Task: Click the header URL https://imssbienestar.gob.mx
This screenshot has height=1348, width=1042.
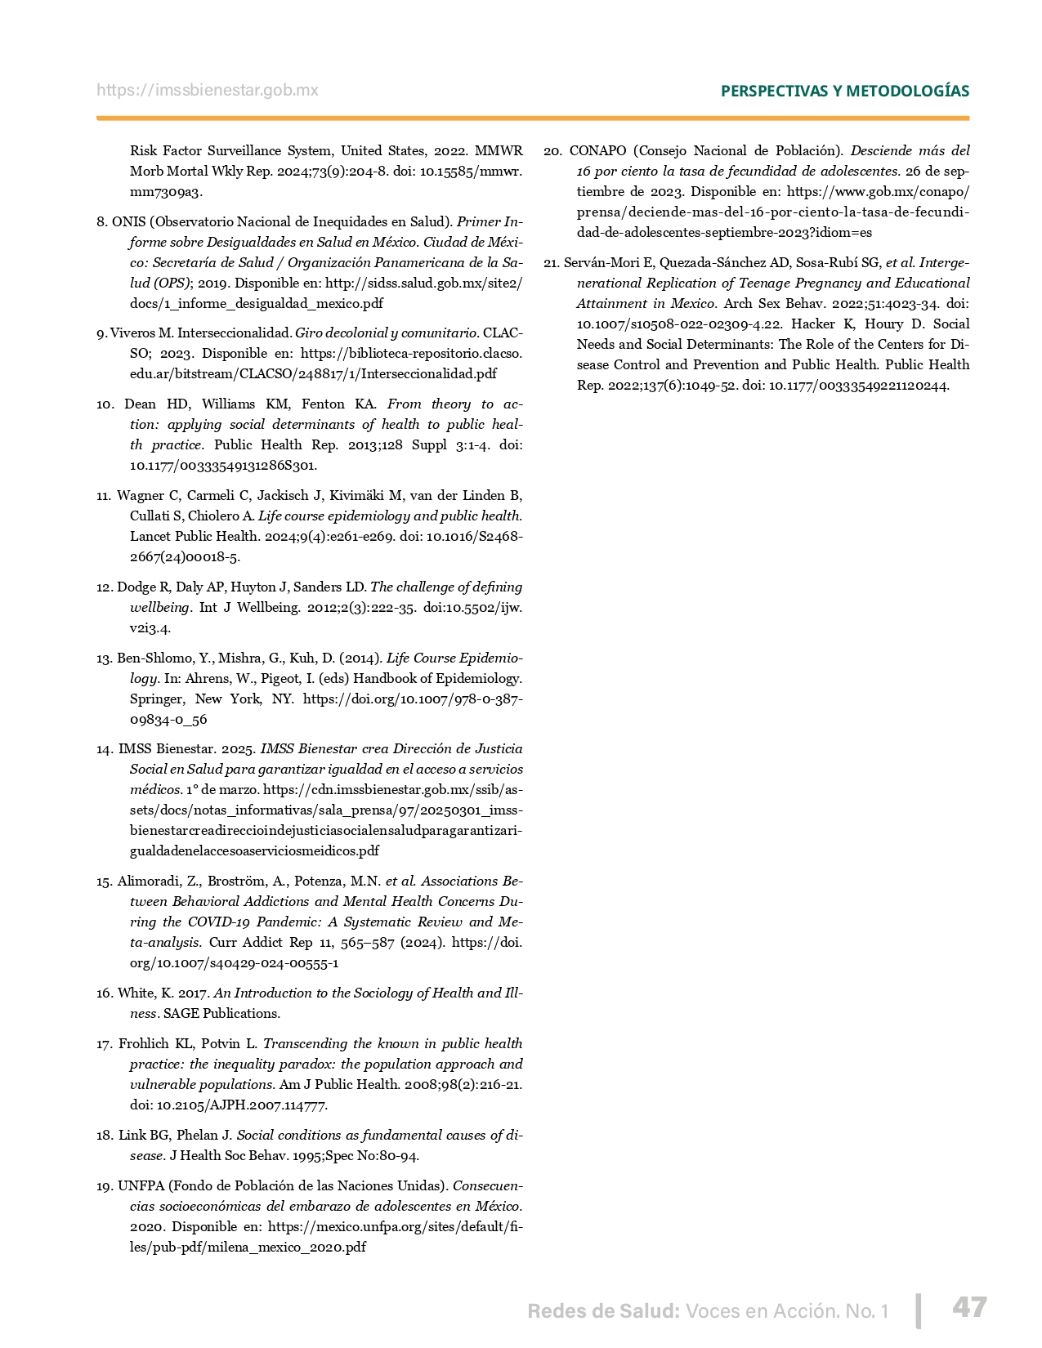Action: (x=208, y=91)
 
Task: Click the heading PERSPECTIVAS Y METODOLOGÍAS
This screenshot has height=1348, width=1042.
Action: (x=844, y=91)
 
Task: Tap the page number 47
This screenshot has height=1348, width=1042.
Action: (x=969, y=1307)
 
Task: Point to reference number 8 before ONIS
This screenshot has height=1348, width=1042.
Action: (x=101, y=222)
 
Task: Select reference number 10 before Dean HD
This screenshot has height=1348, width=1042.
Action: (x=105, y=404)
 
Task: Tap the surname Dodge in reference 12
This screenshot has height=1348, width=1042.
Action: (x=136, y=587)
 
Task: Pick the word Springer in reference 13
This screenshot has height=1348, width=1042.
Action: (x=157, y=699)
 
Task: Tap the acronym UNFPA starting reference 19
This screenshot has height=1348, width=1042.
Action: (x=140, y=1186)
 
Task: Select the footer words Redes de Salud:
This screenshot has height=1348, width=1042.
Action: (x=603, y=1311)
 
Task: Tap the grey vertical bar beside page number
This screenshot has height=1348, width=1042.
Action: (x=919, y=1310)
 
